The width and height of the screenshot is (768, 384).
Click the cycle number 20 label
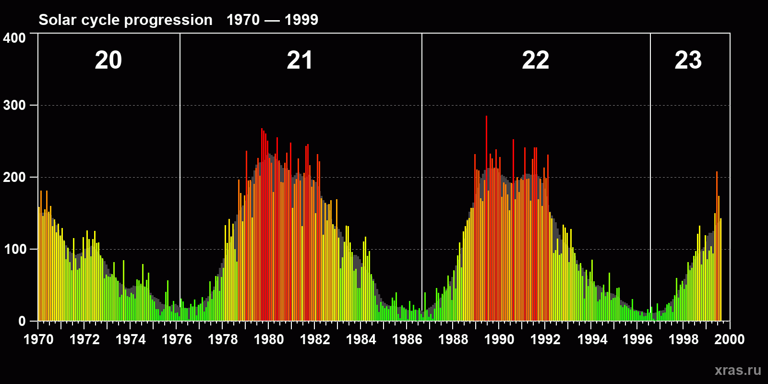tap(108, 60)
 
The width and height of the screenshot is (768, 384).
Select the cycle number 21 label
tap(300, 60)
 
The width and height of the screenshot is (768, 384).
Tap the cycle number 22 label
tap(535, 60)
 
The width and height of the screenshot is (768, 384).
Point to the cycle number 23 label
tap(688, 60)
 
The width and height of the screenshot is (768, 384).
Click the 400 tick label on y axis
tap(14, 38)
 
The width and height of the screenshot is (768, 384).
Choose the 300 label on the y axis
tap(14, 105)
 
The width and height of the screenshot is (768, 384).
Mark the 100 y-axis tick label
tap(14, 249)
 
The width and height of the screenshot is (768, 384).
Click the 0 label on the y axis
tap(22, 321)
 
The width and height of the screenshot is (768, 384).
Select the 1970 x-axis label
tap(38, 339)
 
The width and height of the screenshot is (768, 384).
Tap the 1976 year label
tap(177, 339)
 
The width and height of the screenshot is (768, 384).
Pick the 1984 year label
tap(361, 339)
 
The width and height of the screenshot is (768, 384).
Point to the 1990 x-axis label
tap(499, 339)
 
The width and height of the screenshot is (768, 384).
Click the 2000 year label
tap(730, 339)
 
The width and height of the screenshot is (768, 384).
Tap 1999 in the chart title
tap(301, 20)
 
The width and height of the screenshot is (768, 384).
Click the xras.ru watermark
tap(738, 370)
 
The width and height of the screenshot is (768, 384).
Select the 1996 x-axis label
tap(637, 339)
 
